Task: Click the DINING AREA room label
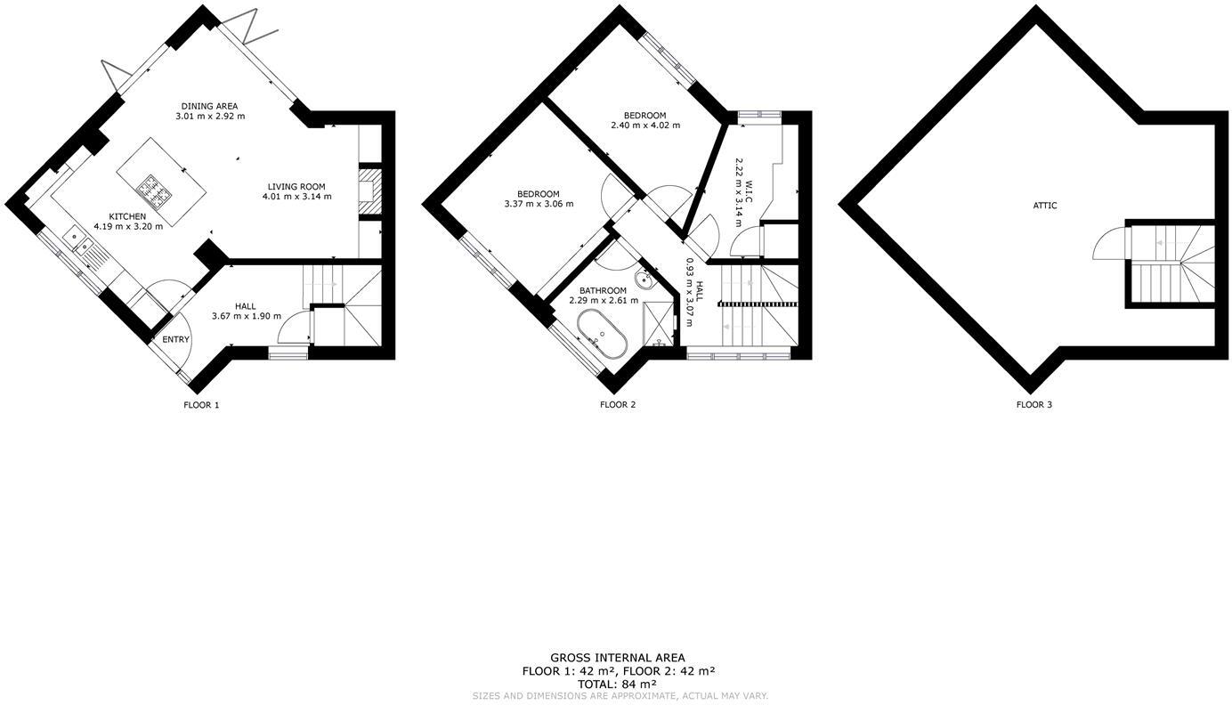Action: pos(209,106)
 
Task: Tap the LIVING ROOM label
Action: pos(296,187)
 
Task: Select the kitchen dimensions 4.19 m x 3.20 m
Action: pos(128,227)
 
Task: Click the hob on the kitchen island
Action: pos(153,188)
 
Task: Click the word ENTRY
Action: pos(175,339)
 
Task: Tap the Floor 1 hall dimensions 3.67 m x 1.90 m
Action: pos(247,317)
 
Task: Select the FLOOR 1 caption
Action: pos(201,405)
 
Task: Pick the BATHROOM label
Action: pos(604,290)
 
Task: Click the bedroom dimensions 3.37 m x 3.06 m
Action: pos(539,204)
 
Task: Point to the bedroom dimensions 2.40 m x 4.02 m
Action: pos(645,126)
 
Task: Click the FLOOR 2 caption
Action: pos(618,405)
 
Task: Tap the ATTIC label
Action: pos(1045,206)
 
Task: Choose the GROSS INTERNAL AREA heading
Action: pos(618,658)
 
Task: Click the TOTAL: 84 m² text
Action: pos(618,684)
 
